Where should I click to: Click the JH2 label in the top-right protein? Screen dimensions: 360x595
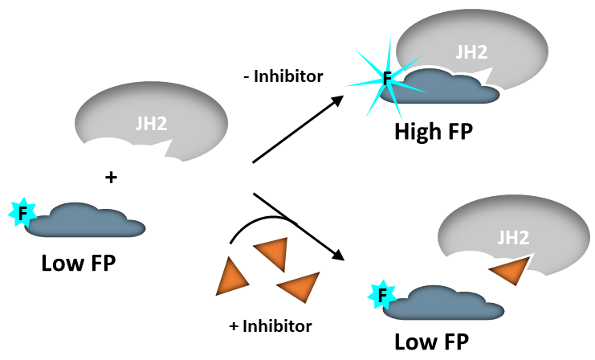pyautogui.click(x=471, y=52)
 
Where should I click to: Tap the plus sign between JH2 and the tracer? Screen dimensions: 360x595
pyautogui.click(x=112, y=177)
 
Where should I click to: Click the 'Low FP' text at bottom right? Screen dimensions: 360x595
pyautogui.click(x=432, y=341)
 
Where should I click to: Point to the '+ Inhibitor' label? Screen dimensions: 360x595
pyautogui.click(x=271, y=326)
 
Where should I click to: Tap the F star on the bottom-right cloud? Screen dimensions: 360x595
pyautogui.click(x=382, y=296)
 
